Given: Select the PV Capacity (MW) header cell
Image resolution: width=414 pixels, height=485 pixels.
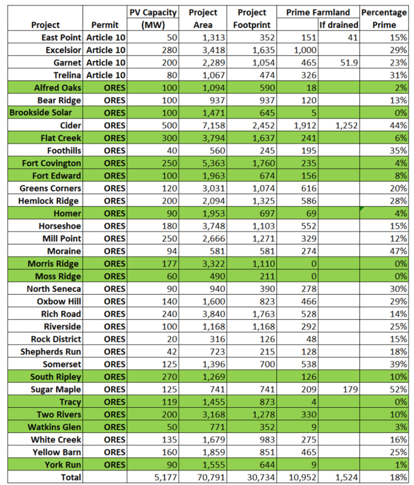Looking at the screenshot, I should [x=153, y=18].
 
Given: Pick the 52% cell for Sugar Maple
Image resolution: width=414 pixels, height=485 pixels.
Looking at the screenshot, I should [x=398, y=389].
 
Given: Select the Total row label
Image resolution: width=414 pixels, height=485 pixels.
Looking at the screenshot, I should [x=71, y=477].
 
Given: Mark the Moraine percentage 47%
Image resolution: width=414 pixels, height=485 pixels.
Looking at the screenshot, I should [x=398, y=251].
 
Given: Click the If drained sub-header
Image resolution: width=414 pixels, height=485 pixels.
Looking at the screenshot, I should [x=338, y=25].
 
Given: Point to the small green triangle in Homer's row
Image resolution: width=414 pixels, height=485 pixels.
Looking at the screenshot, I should [x=362, y=208].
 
